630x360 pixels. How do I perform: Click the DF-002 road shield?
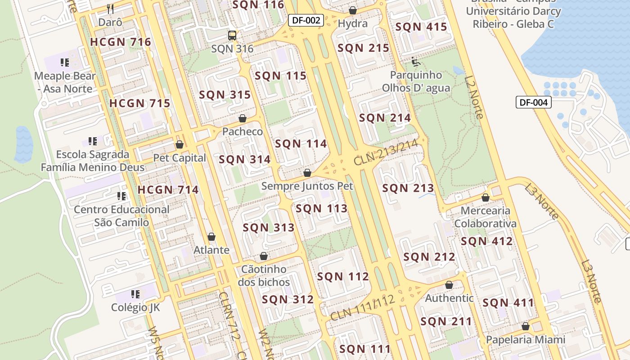306,20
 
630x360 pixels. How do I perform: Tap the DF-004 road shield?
533,102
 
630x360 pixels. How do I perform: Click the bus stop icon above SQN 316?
232,35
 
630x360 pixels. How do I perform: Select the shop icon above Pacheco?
243,118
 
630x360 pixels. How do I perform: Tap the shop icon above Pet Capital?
180,144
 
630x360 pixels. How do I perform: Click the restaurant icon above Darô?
110,8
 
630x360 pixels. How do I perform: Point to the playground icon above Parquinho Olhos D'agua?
416,61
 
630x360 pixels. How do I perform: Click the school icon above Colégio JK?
135,294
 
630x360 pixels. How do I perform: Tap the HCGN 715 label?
139,103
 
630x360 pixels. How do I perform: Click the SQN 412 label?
486,241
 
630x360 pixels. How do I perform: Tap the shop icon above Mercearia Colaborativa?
486,198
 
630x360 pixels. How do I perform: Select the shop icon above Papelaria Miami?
526,326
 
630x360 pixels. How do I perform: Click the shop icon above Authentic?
449,285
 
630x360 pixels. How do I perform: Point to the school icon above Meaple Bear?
65,63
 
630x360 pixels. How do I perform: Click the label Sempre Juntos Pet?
307,186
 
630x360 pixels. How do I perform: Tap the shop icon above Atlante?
211,237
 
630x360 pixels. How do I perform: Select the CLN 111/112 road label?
362,308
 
